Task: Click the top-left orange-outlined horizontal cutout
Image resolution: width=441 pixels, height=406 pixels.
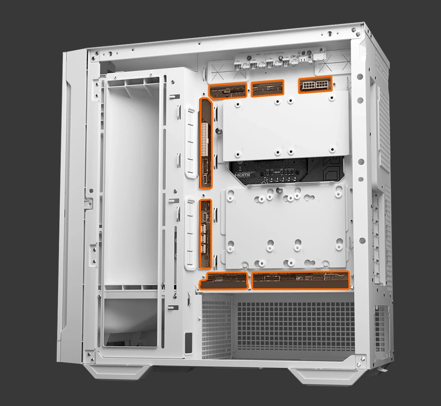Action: point(228,90)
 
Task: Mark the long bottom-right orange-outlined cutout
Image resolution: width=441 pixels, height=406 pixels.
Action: point(301,280)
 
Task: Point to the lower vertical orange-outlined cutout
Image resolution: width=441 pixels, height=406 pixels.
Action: point(205,233)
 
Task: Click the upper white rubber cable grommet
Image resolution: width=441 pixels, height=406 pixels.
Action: point(190,142)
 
